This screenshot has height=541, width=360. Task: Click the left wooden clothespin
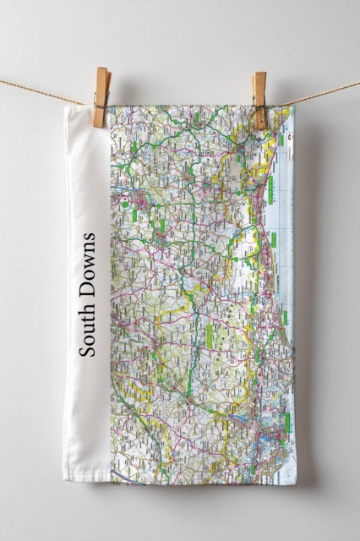pos(101,98)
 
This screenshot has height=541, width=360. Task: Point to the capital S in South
pos(87,348)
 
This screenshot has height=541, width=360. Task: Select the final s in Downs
pos(88,238)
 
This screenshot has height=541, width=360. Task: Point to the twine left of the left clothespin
pos(42,91)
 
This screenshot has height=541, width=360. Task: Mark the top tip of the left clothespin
pos(102,69)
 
